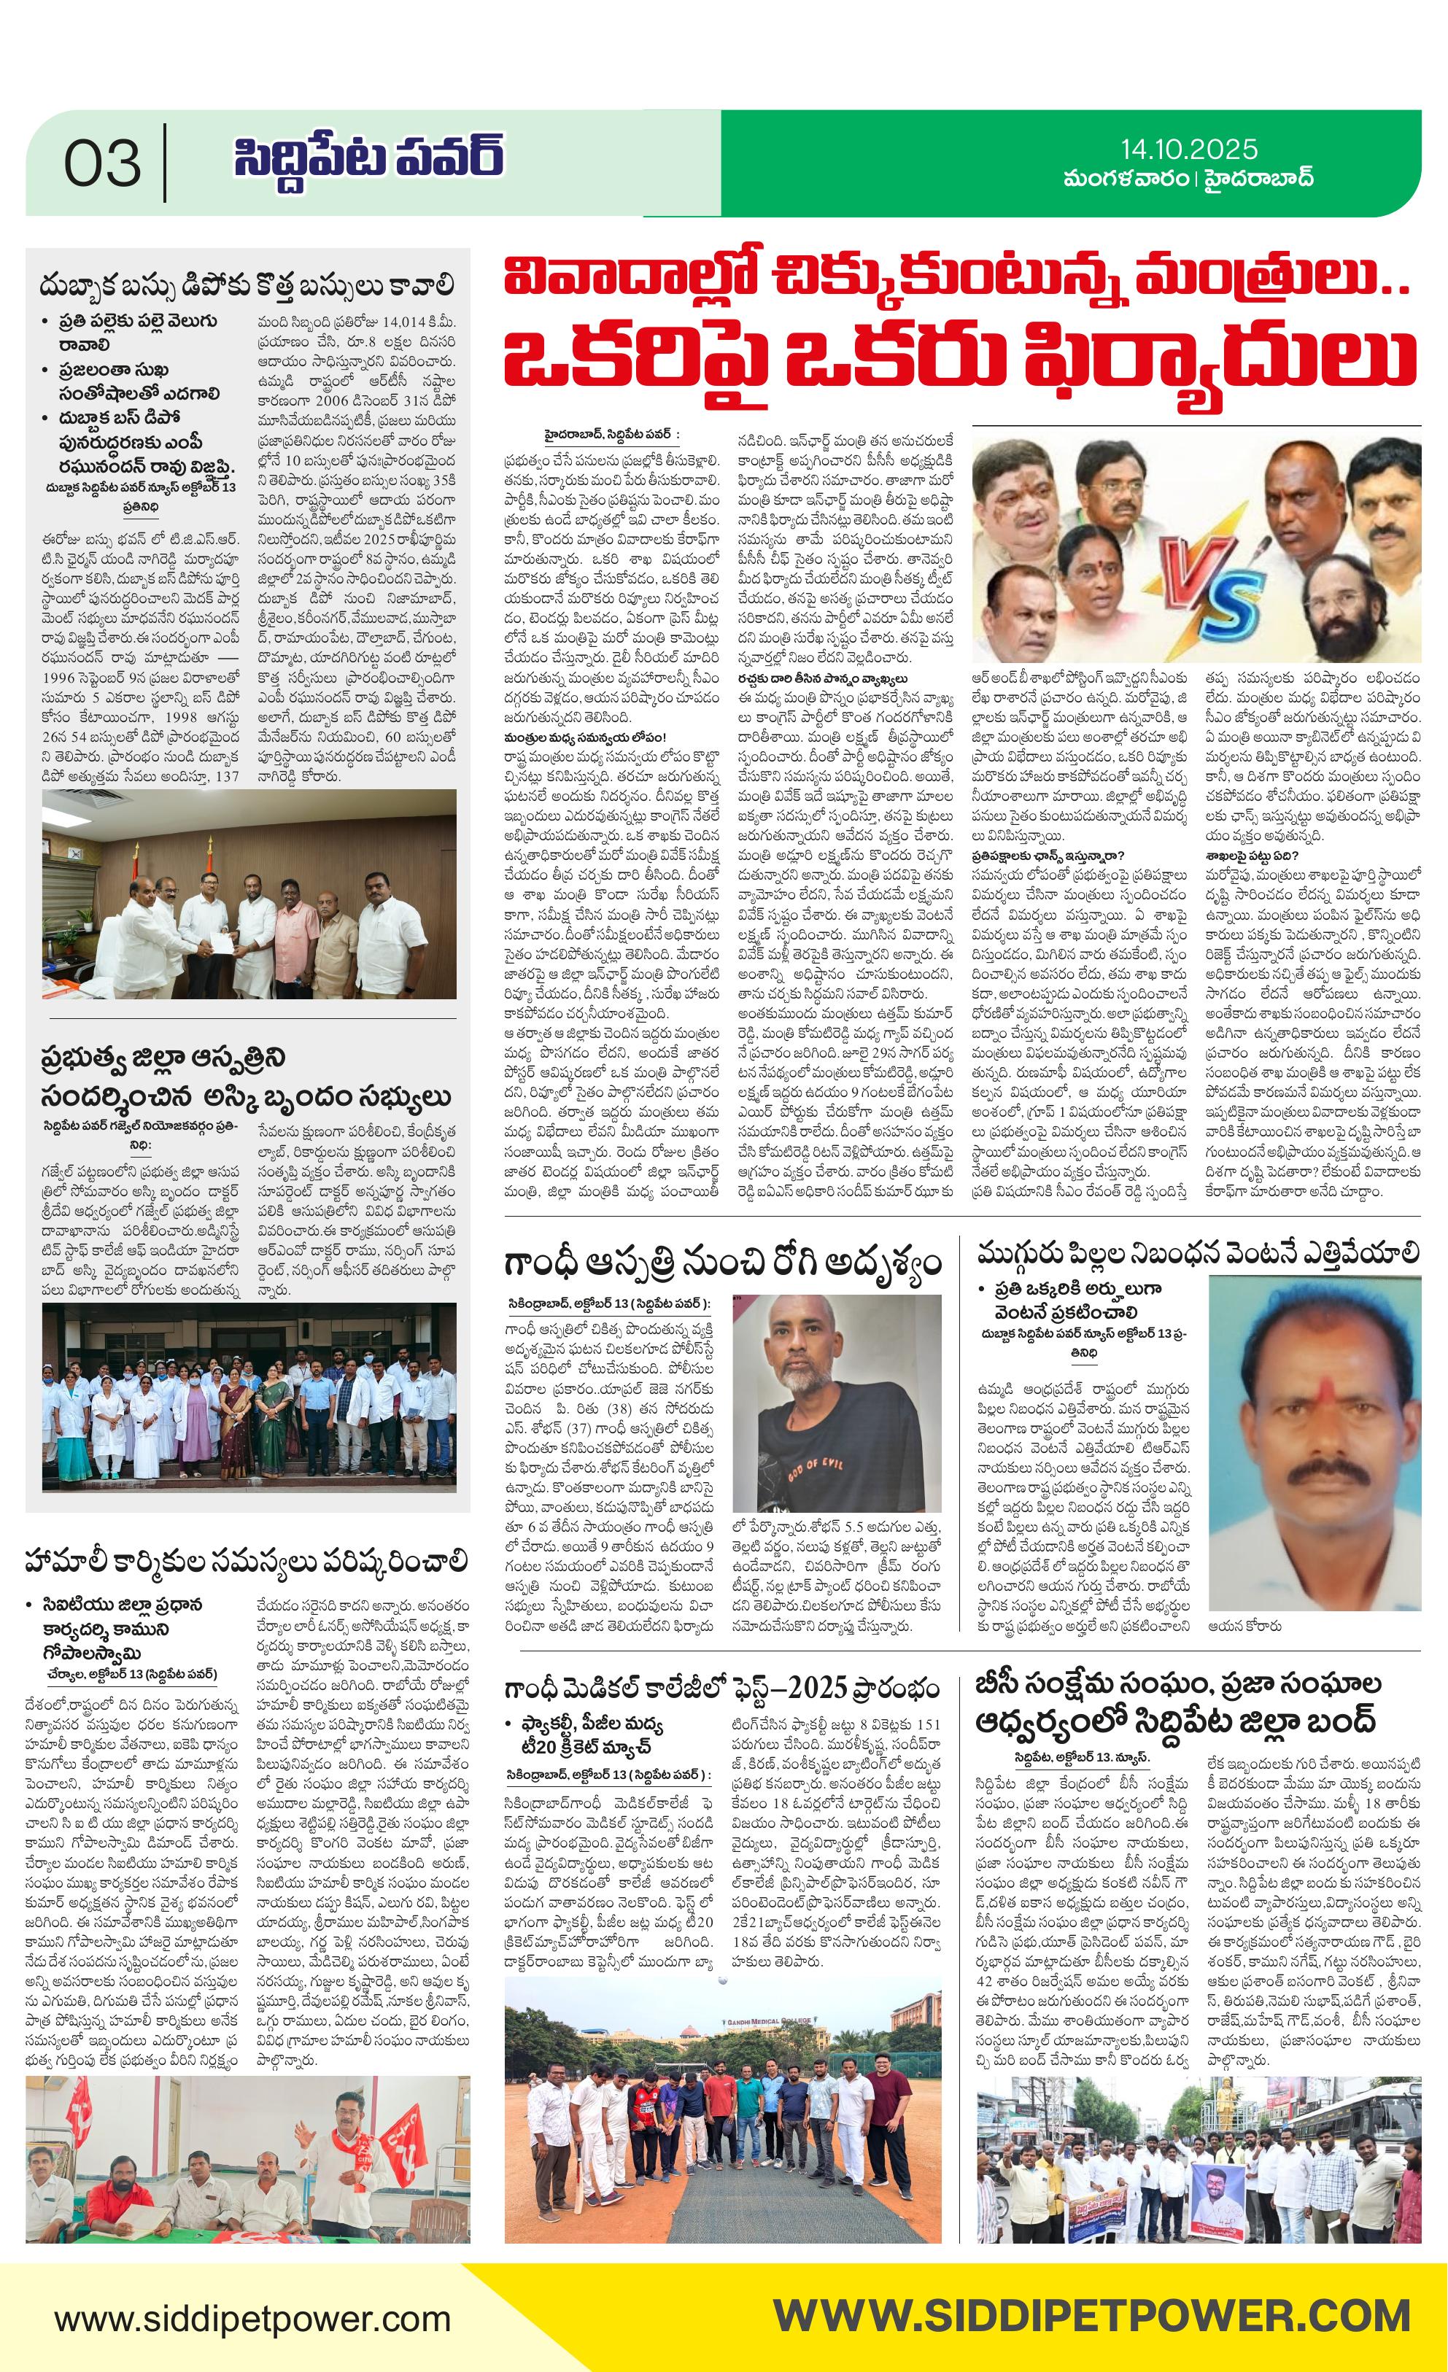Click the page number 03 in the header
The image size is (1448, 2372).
[102, 163]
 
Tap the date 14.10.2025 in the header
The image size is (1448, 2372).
[1188, 148]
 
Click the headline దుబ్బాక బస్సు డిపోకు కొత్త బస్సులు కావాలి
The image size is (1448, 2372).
[247, 286]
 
